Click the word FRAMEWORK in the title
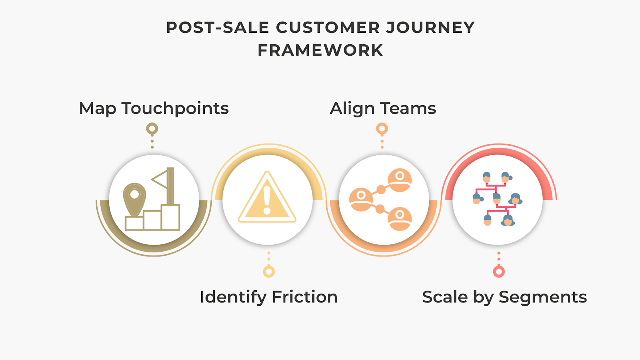320,50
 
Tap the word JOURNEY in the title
430,28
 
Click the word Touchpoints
175,109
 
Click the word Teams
408,108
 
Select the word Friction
305,297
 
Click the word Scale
445,297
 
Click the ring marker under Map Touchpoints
152,129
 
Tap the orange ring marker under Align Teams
382,129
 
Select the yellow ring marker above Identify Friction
269,272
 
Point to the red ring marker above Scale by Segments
499,272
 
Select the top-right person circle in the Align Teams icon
399,180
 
